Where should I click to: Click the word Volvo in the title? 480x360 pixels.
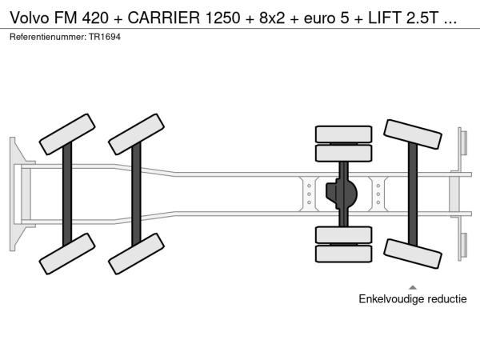click(30, 18)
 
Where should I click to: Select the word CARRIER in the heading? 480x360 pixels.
click(163, 18)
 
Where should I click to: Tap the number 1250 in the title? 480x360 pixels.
click(222, 18)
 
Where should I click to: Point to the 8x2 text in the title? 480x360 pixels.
click(272, 18)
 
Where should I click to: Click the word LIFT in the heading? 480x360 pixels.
click(385, 18)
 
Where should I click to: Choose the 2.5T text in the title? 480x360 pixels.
click(422, 18)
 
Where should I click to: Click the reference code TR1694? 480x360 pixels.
click(105, 37)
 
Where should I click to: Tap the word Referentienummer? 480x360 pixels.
click(48, 37)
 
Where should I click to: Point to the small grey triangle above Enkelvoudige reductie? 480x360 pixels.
click(413, 287)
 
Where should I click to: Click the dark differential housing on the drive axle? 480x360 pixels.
click(341, 194)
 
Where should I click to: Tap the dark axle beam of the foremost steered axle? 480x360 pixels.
click(67, 194)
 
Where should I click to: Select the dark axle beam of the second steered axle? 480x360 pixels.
click(136, 194)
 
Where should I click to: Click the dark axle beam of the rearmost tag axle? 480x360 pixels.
click(413, 194)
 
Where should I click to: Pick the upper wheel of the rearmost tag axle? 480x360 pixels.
click(413, 134)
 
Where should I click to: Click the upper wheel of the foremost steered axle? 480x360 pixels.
click(67, 134)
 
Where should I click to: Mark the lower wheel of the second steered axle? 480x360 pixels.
click(136, 254)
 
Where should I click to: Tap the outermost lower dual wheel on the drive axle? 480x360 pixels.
click(343, 254)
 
